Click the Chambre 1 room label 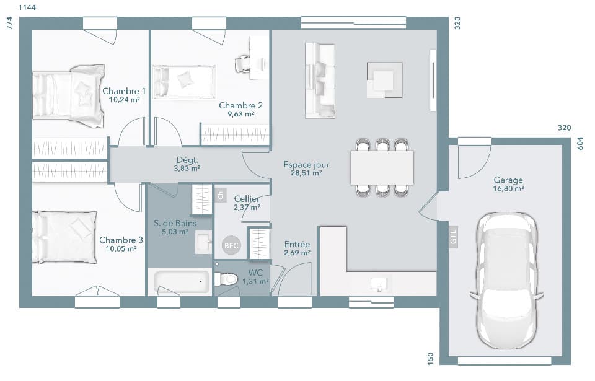coord(124,90)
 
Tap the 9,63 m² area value coord(240,114)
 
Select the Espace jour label coord(306,165)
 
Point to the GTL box coord(453,236)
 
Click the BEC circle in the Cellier coord(231,246)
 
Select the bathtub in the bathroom coord(183,282)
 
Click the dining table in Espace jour coord(382,167)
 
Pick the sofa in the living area coord(320,81)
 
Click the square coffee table coord(384,80)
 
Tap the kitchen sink coord(378,284)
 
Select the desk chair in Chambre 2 coord(243,64)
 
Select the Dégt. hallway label coord(187,160)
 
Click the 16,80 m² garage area coord(508,188)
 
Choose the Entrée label coord(297,244)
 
